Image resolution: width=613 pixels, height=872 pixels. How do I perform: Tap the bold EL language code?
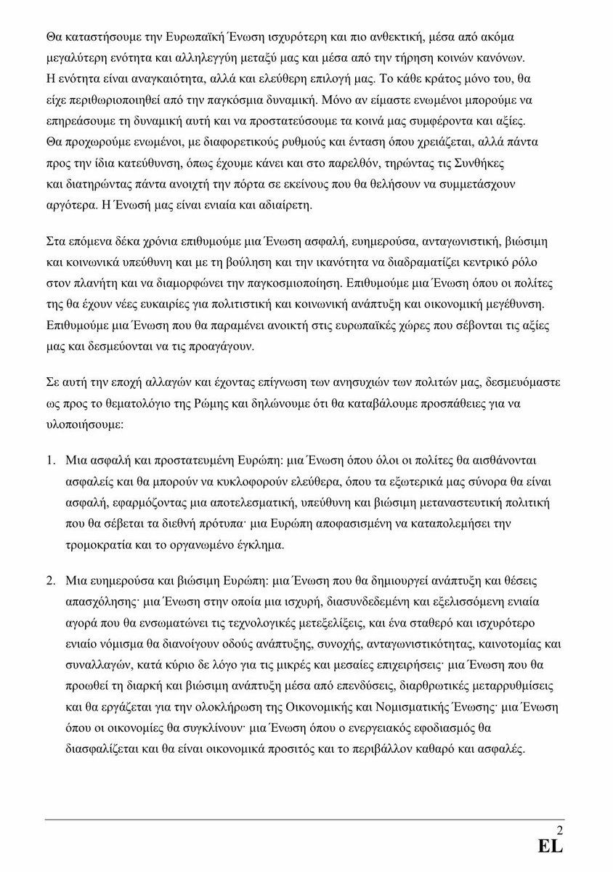[x=551, y=847]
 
